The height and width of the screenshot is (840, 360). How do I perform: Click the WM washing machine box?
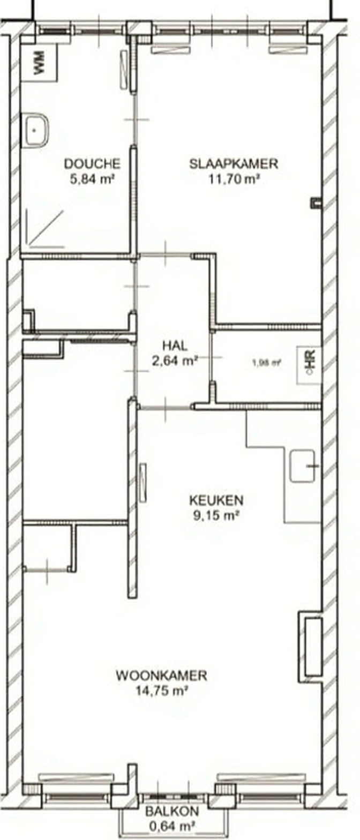[x=39, y=62]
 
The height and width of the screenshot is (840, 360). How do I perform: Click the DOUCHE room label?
[x=92, y=164]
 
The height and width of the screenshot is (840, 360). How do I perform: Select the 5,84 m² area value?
[x=92, y=179]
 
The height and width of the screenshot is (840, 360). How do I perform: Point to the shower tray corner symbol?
[x=45, y=229]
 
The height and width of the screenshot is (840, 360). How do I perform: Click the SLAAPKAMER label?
[x=234, y=164]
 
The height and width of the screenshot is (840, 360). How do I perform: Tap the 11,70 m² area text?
[x=235, y=179]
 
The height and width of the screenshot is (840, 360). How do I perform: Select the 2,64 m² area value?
[x=175, y=361]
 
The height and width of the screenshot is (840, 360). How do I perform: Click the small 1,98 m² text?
[x=267, y=363]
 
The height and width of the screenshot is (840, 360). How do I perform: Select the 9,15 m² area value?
[x=216, y=515]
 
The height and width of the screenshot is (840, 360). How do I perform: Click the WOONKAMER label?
[x=162, y=676]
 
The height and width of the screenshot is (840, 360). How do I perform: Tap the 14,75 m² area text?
[x=162, y=691]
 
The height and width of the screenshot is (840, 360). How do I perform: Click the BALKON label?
[x=172, y=812]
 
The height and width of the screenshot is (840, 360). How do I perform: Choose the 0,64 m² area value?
[x=172, y=826]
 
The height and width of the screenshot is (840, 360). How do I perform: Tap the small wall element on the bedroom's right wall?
[x=316, y=203]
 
